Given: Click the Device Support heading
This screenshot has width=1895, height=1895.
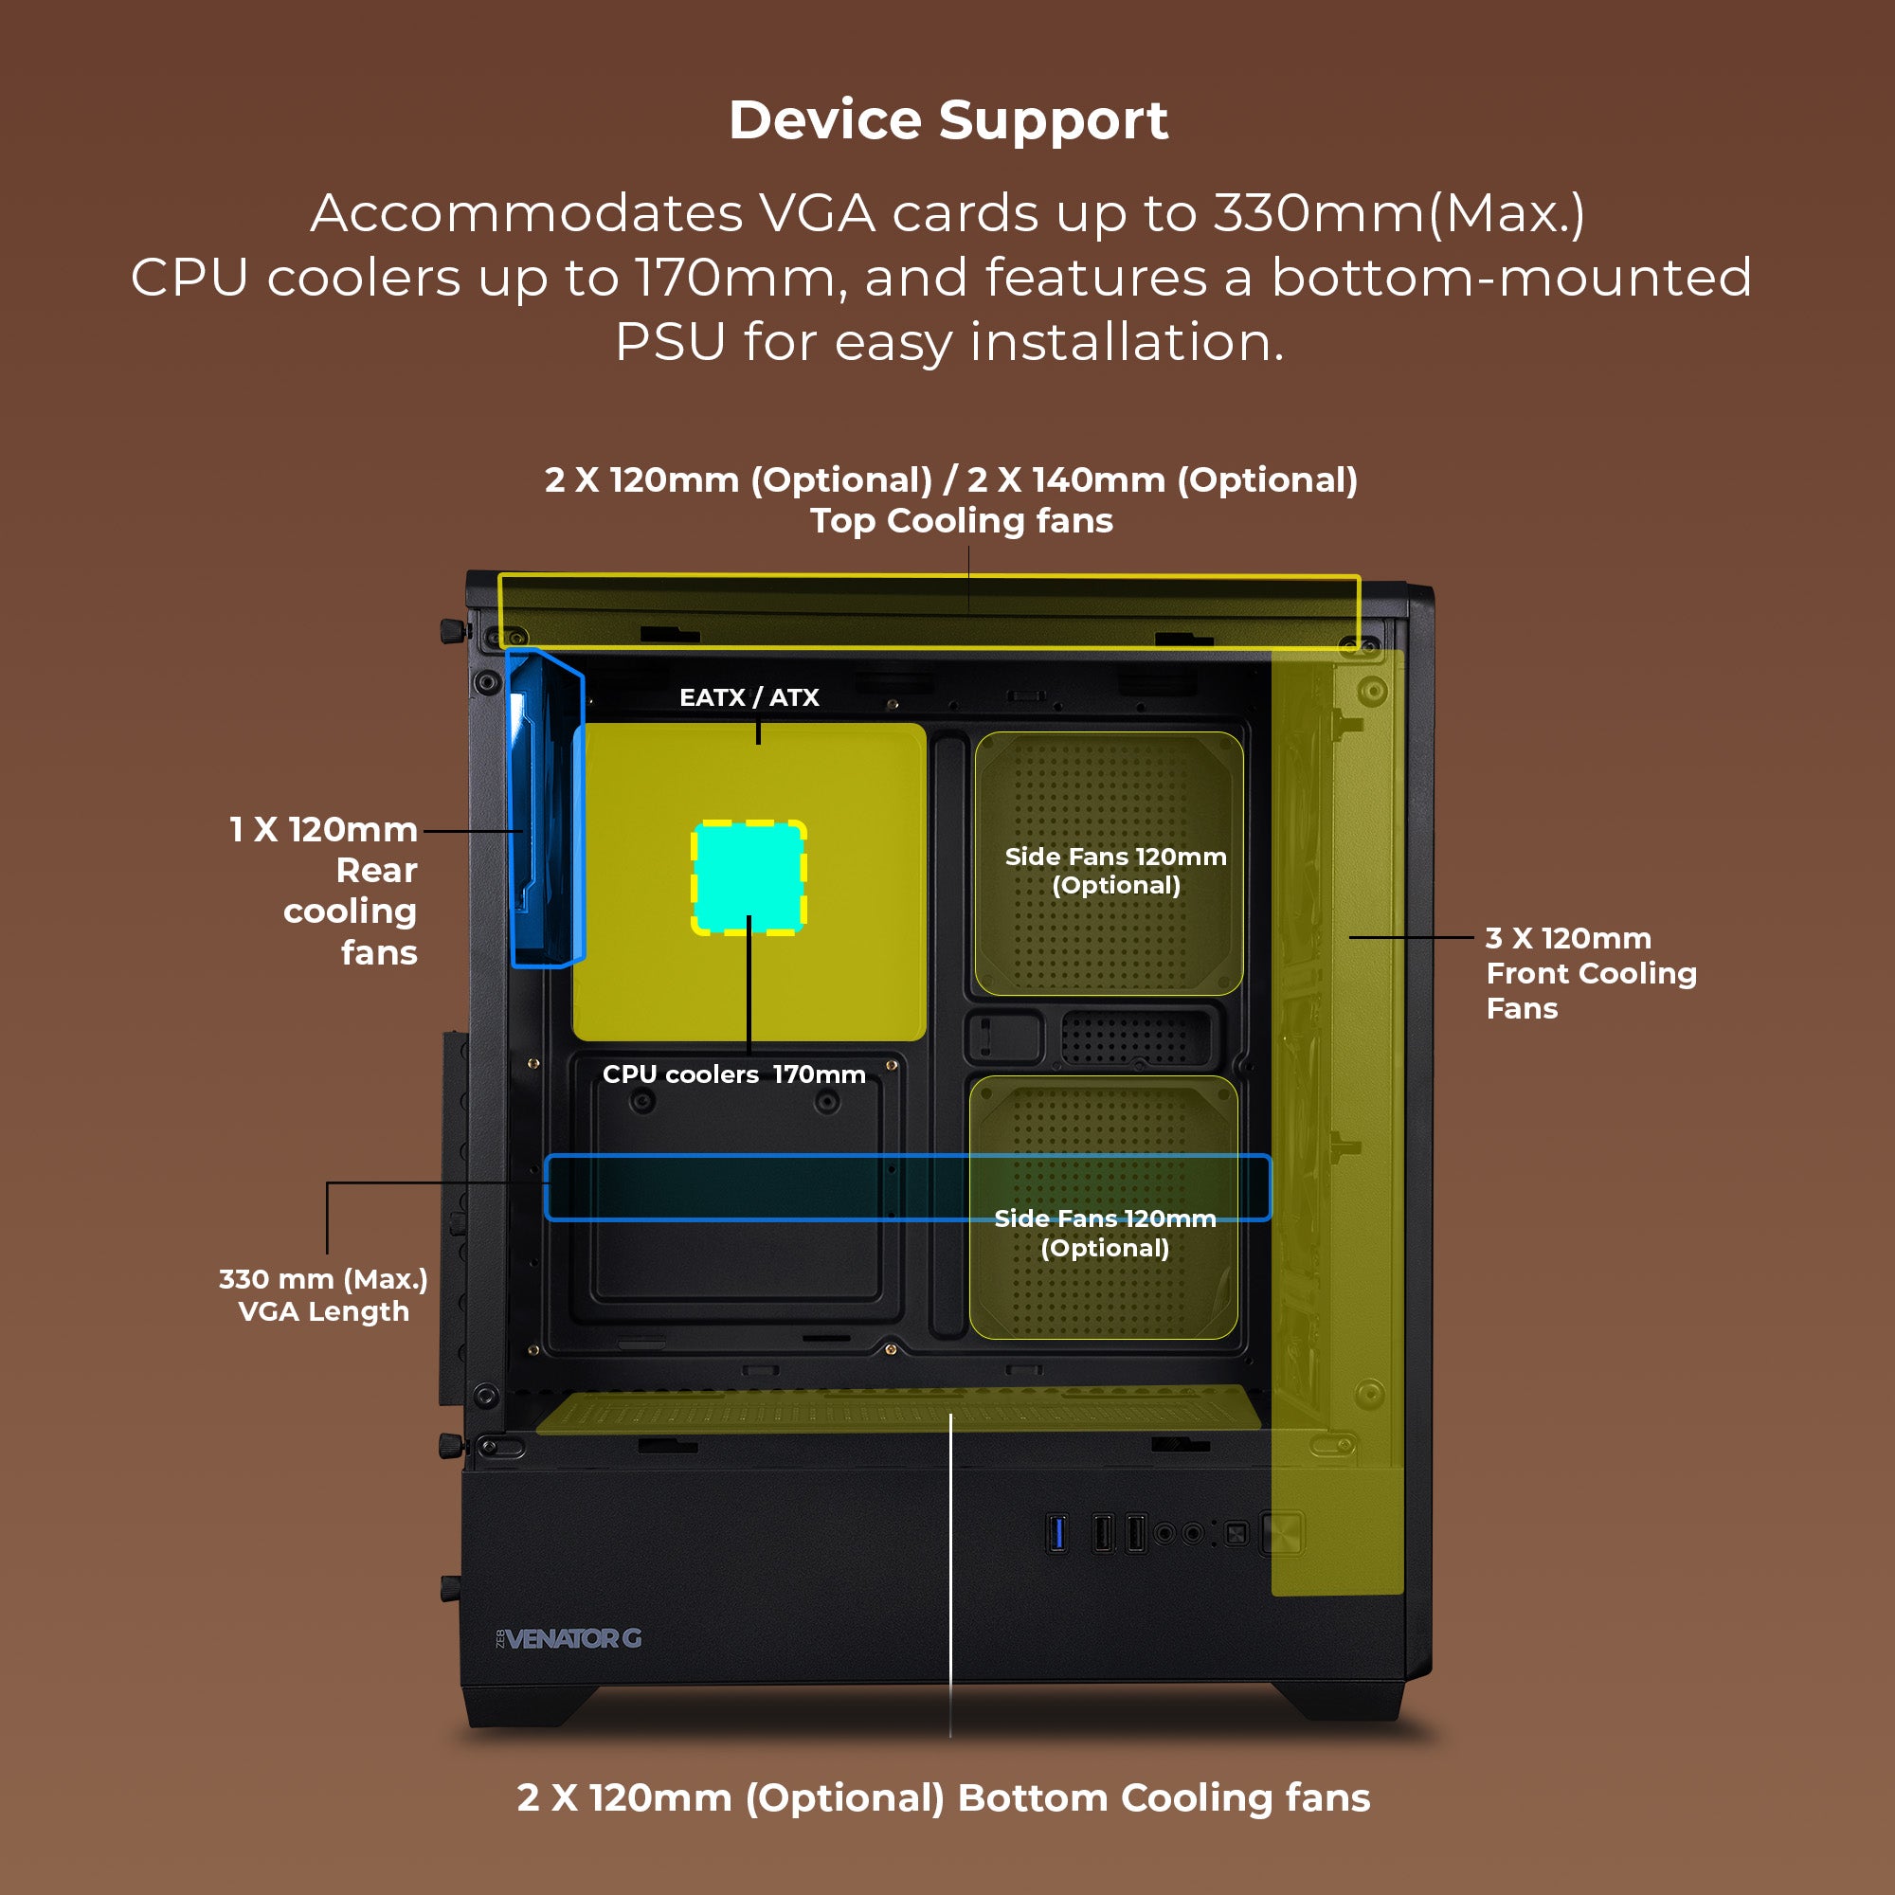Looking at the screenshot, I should [947, 120].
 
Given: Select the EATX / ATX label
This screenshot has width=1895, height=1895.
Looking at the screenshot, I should [749, 697].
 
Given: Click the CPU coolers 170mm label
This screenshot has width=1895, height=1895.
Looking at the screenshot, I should [733, 1074].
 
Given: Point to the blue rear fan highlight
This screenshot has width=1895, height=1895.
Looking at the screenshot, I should [546, 809].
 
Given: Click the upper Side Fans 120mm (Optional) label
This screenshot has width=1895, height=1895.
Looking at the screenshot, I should [1115, 870].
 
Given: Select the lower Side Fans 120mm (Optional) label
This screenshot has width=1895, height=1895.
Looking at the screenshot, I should [1105, 1233].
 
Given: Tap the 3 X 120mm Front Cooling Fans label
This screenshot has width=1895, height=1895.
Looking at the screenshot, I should [1590, 973].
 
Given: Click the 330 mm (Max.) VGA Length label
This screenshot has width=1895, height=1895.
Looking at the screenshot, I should [324, 1294].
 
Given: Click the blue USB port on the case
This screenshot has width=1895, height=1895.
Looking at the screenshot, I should [1056, 1533].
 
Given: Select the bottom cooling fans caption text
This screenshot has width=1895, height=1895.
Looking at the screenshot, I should [943, 1798].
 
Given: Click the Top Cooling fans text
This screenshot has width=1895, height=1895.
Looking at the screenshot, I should [961, 521].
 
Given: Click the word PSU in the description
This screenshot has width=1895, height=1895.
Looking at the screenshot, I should [670, 342].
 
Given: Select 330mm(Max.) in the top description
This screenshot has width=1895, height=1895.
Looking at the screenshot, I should [1399, 213].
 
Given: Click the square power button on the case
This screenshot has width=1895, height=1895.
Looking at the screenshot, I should [1283, 1532].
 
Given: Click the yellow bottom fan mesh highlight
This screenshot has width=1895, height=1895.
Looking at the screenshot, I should [897, 1410].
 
